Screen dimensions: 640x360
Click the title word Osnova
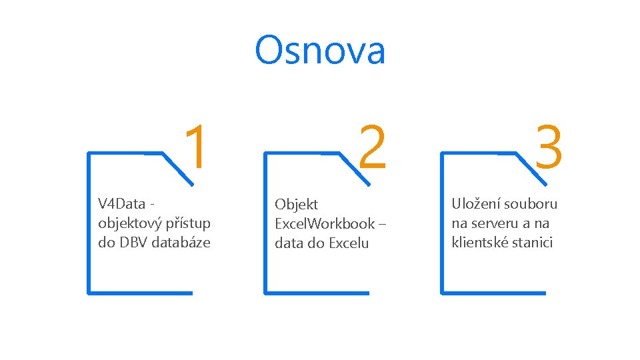[x=320, y=51]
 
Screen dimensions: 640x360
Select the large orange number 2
[x=372, y=147]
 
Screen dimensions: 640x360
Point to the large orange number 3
[x=549, y=147]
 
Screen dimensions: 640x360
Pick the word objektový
[x=127, y=223]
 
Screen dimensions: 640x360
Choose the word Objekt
[x=297, y=205]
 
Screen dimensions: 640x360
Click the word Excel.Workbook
[x=325, y=224]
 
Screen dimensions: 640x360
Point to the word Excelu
[x=346, y=243]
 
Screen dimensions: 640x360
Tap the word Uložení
[x=475, y=204]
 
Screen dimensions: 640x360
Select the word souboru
[x=531, y=204]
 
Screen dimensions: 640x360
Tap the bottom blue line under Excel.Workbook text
[x=317, y=292]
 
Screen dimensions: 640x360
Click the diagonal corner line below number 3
[x=531, y=167]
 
